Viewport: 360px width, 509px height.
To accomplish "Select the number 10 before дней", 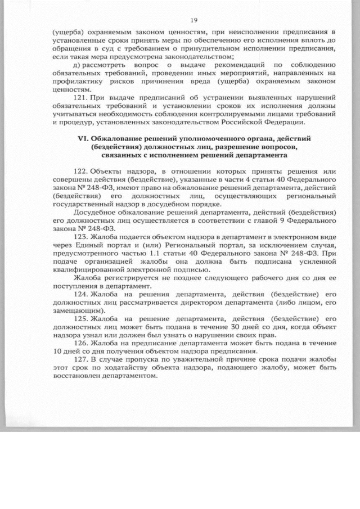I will click(51, 352).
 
